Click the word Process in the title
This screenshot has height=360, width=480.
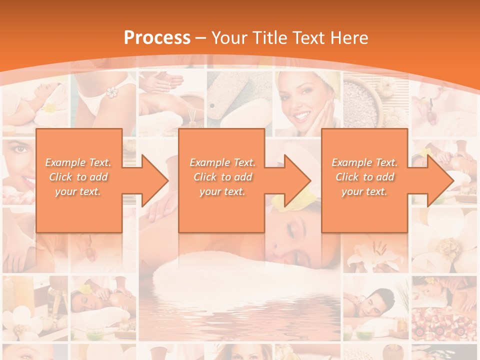[157, 37]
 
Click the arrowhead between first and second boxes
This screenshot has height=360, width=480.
[152, 180]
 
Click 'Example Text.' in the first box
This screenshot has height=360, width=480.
[78, 162]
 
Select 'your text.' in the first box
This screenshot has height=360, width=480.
[78, 191]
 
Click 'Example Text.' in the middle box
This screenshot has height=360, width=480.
[222, 162]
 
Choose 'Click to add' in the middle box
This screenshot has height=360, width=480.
[222, 177]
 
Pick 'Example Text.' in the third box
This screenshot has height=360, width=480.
[364, 162]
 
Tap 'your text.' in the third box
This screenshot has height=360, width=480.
[364, 191]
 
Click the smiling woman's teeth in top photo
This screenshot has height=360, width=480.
[301, 115]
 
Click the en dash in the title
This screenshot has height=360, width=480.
[200, 38]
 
